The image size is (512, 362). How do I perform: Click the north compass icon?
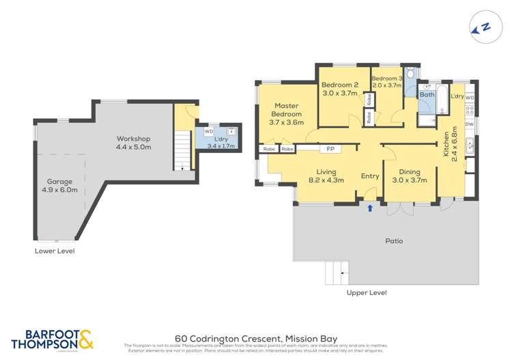coord(482,28)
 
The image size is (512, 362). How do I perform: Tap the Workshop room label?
coord(132,143)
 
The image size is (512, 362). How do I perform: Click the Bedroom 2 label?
coord(339,89)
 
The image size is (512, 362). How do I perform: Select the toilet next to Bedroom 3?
coord(410,75)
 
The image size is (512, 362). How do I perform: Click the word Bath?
coord(427,95)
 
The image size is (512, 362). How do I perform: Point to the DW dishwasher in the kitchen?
coord(469,124)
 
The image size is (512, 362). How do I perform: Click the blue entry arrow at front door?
coord(370,207)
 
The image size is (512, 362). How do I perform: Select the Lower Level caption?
coord(55,251)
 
